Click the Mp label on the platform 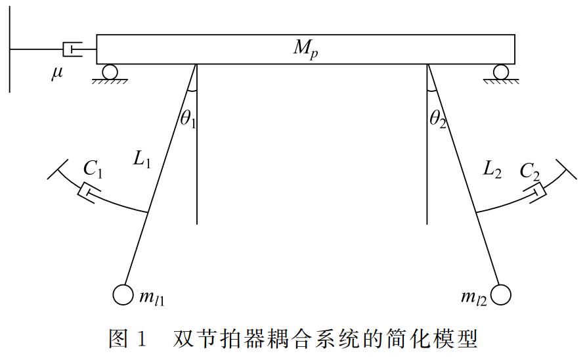click(305, 49)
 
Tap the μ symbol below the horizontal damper click(58, 74)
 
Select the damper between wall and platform click(72, 49)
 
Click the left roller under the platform click(110, 72)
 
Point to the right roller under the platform click(501, 72)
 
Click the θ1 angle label click(188, 119)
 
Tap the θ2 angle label click(438, 120)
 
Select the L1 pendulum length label click(142, 160)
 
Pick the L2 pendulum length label click(492, 169)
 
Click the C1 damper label click(93, 169)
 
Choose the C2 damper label click(530, 172)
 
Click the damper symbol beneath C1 click(89, 192)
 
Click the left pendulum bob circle click(123, 295)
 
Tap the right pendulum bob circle click(501, 295)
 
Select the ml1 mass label click(152, 298)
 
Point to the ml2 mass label click(474, 298)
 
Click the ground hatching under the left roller click(110, 81)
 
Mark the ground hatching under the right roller click(501, 81)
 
